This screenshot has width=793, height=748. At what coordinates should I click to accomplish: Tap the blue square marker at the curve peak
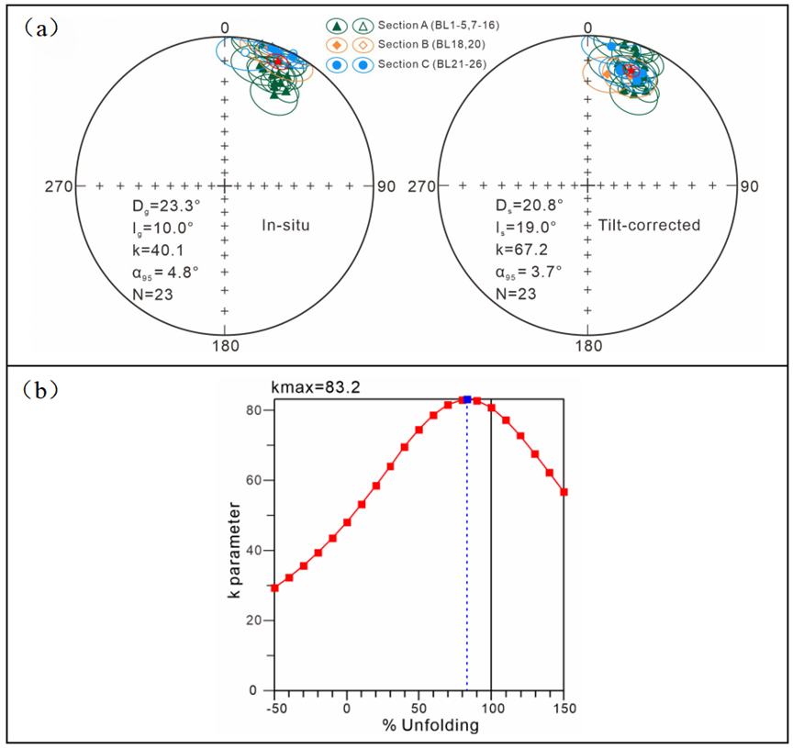point(467,399)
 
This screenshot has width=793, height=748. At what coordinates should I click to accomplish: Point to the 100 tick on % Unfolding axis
point(491,709)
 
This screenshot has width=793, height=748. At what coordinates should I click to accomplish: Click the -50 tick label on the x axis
point(274,709)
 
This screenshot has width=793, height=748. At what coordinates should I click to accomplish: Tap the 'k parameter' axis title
point(236,551)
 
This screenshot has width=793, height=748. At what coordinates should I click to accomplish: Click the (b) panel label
point(42,388)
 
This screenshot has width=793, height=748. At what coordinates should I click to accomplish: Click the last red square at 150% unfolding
point(564,492)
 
